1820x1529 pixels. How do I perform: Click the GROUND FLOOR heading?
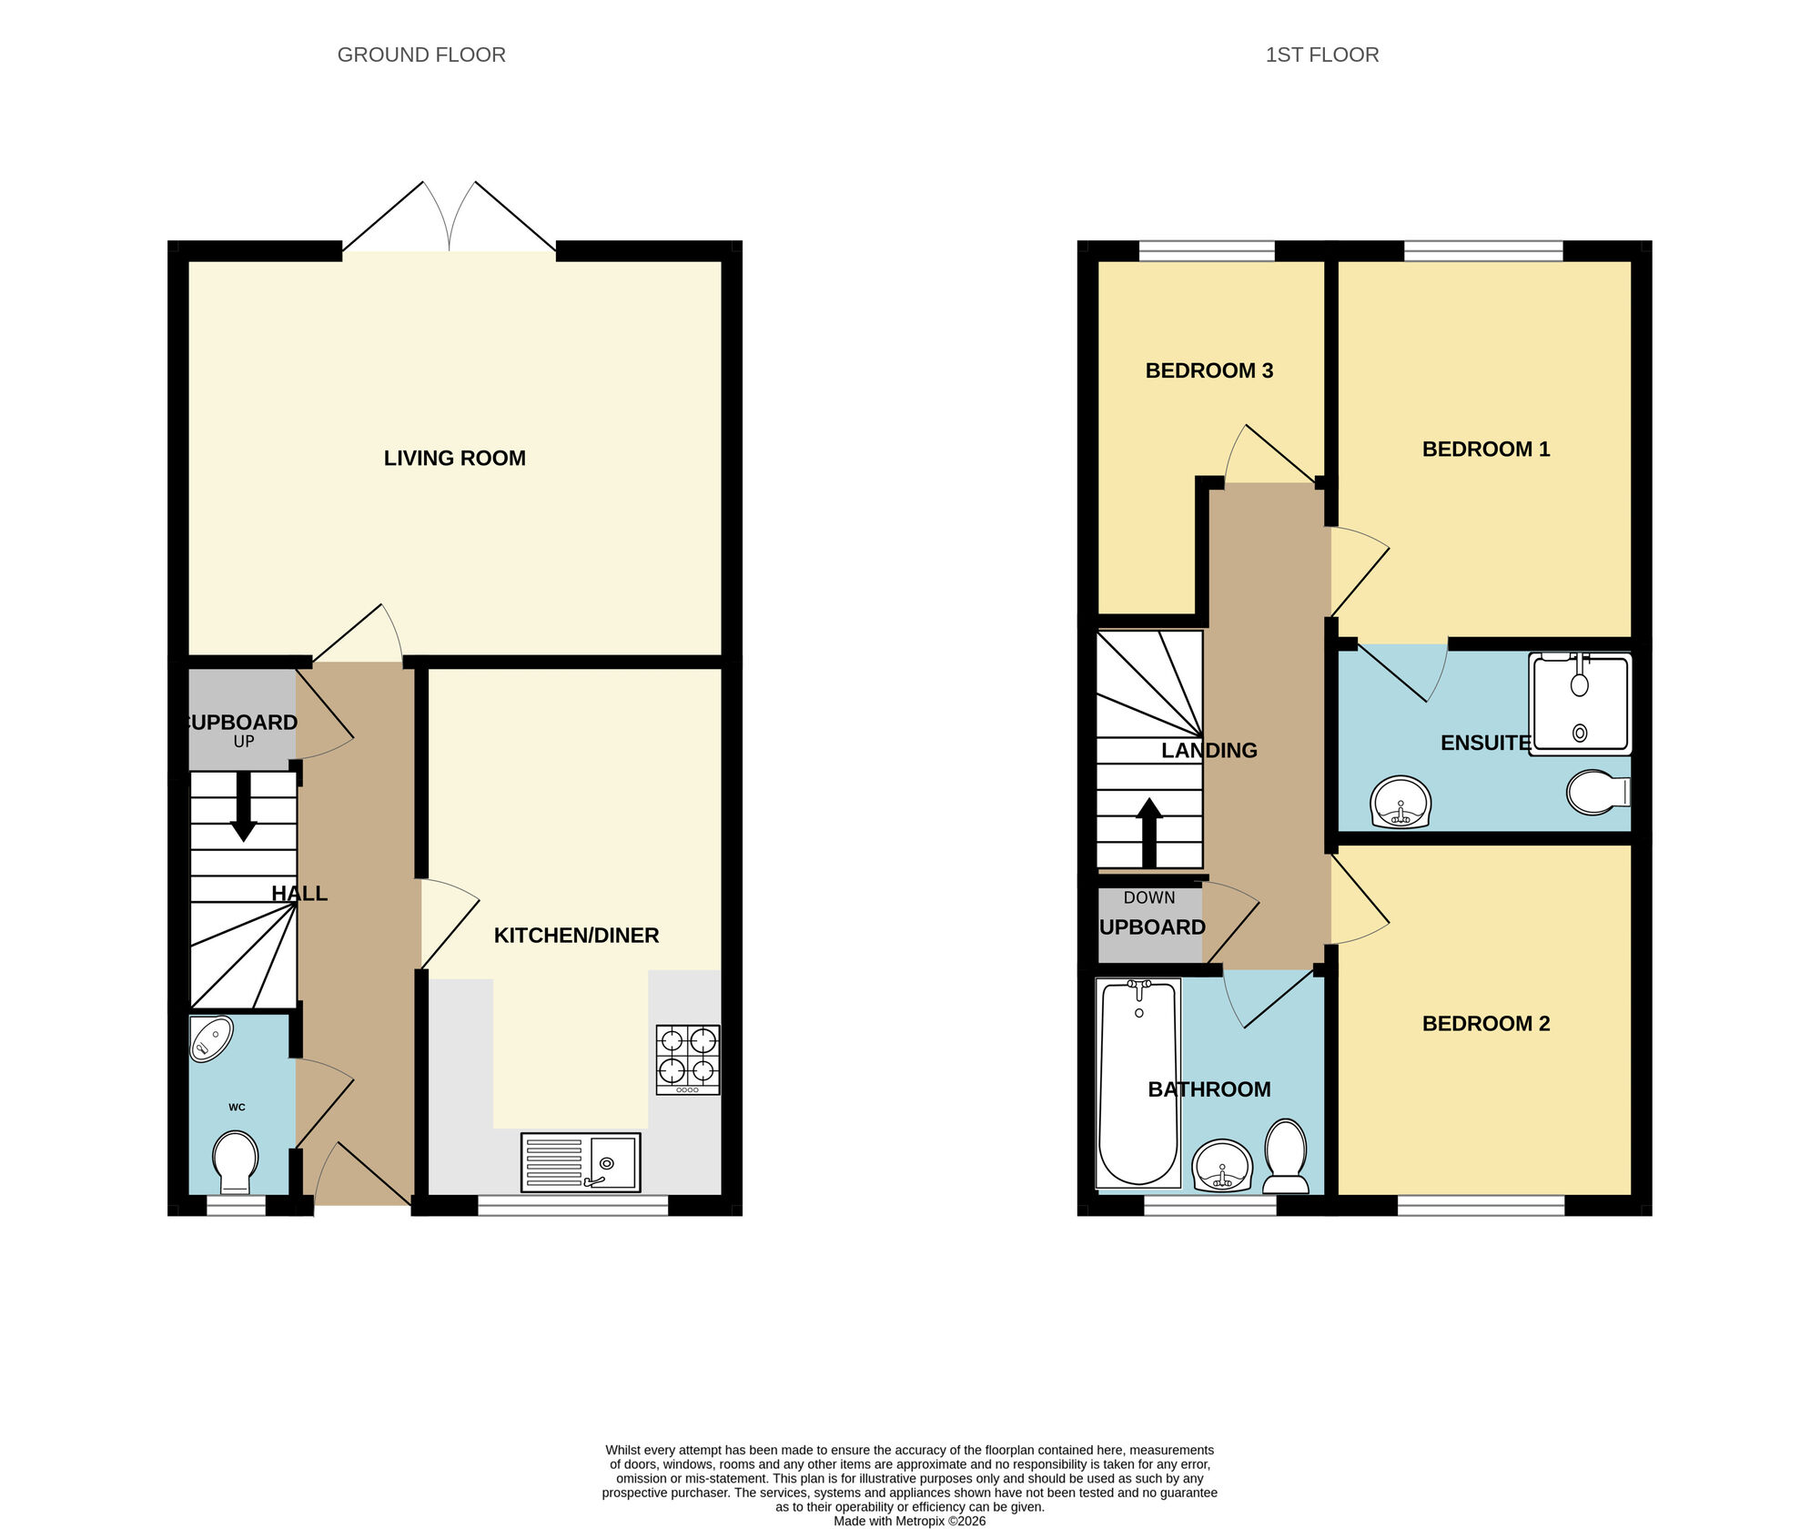[x=421, y=55]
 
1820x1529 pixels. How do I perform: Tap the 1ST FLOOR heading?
[x=1321, y=55]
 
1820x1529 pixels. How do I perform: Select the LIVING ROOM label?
[x=454, y=458]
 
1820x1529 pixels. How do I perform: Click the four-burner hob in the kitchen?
[x=688, y=1059]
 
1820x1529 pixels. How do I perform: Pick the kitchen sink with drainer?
[x=581, y=1162]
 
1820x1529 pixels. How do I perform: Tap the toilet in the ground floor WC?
[x=236, y=1161]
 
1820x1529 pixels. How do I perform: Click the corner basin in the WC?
[x=211, y=1038]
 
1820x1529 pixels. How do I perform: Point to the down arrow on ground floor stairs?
[x=243, y=806]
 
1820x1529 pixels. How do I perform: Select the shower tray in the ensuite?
[x=1580, y=704]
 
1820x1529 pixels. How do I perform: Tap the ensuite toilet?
[x=1598, y=792]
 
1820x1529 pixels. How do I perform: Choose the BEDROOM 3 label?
[x=1208, y=370]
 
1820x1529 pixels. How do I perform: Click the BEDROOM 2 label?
[x=1485, y=1023]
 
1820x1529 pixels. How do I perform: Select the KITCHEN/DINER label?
[x=576, y=935]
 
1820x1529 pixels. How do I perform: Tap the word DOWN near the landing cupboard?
[x=1148, y=897]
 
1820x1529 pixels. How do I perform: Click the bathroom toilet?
[x=1286, y=1157]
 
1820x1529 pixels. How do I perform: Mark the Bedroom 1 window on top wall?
[x=1483, y=250]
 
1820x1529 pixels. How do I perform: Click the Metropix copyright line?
[x=909, y=1521]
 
